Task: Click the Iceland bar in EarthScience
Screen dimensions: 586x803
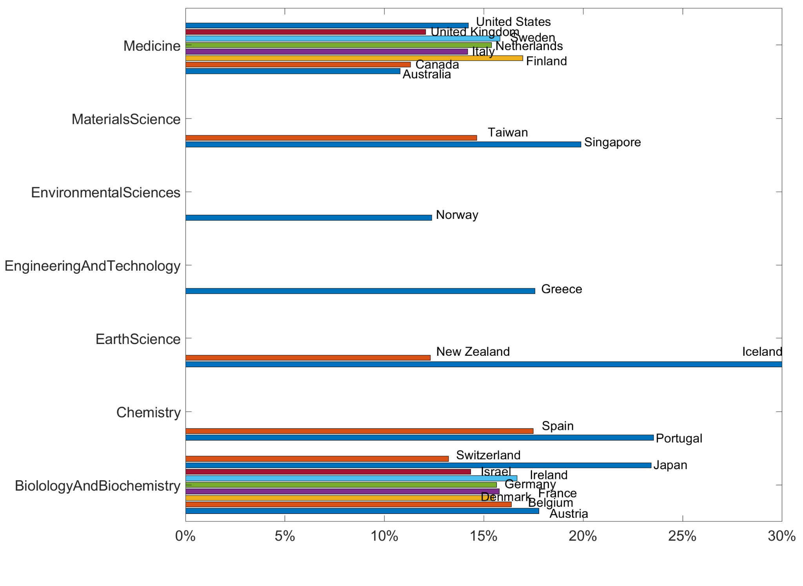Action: [x=483, y=364]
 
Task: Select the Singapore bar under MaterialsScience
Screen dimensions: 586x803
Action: [x=383, y=144]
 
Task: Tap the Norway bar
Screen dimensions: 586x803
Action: [x=308, y=218]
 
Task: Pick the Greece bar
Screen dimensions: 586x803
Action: [x=360, y=291]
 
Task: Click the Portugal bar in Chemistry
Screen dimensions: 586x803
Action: [x=419, y=438]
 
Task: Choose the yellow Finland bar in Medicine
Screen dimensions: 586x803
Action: [x=354, y=58]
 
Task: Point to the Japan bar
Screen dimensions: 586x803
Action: [x=418, y=465]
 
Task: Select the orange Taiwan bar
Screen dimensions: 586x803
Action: [x=331, y=138]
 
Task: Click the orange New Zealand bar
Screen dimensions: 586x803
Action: [x=308, y=358]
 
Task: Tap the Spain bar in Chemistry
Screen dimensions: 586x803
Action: [x=359, y=431]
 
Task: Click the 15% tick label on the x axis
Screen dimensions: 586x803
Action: [x=483, y=536]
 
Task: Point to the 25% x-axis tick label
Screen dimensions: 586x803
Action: [x=682, y=536]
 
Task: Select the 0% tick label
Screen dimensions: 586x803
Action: [x=185, y=536]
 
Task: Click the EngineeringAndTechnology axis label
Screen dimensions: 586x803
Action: [x=93, y=266]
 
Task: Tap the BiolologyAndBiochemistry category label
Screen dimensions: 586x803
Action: [x=98, y=486]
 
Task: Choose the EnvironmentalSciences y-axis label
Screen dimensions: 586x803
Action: [x=105, y=193]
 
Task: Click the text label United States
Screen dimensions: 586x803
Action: [x=513, y=22]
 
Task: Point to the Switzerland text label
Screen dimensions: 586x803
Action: [x=488, y=455]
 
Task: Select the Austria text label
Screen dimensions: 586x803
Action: [x=569, y=514]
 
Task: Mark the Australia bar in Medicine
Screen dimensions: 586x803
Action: [x=292, y=71]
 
